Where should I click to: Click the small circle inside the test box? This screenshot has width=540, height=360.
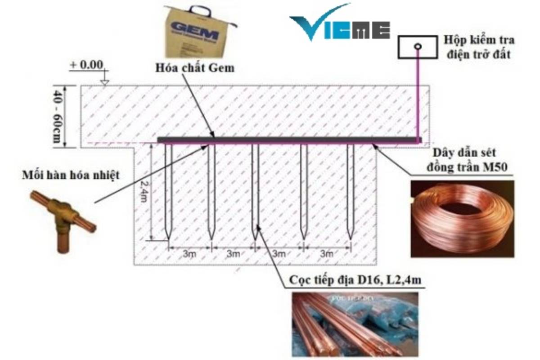pyautogui.click(x=418, y=46)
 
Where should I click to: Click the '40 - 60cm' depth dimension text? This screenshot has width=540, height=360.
pyautogui.click(x=57, y=116)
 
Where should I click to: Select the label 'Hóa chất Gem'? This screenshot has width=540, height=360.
pyautogui.click(x=194, y=68)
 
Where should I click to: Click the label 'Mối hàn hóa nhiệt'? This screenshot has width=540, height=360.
pyautogui.click(x=71, y=175)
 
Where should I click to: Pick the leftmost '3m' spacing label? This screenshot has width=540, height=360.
pyautogui.click(x=189, y=253)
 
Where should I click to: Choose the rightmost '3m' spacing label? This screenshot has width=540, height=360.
pyautogui.click(x=327, y=253)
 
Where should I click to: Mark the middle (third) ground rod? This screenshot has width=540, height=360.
pyautogui.click(x=255, y=189)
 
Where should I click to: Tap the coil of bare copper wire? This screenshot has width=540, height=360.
pyautogui.click(x=461, y=218)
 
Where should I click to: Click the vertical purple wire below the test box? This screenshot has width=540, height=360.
pyautogui.click(x=418, y=94)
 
